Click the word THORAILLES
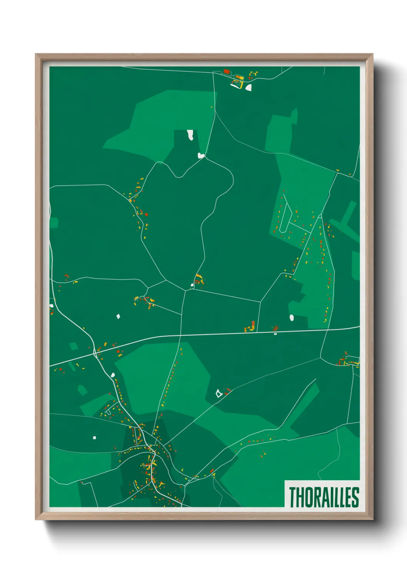[324, 497]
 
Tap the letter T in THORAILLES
[292, 497]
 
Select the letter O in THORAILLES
[310, 497]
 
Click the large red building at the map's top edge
[227, 72]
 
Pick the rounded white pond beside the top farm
[249, 87]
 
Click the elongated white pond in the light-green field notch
[190, 135]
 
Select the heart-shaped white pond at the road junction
[200, 156]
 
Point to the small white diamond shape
[118, 316]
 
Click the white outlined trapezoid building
[219, 393]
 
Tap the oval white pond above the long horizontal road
[292, 318]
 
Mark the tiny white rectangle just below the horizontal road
[275, 334]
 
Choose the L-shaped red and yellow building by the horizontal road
[252, 327]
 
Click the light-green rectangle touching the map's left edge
[53, 223]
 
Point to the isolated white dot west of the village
[94, 438]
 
